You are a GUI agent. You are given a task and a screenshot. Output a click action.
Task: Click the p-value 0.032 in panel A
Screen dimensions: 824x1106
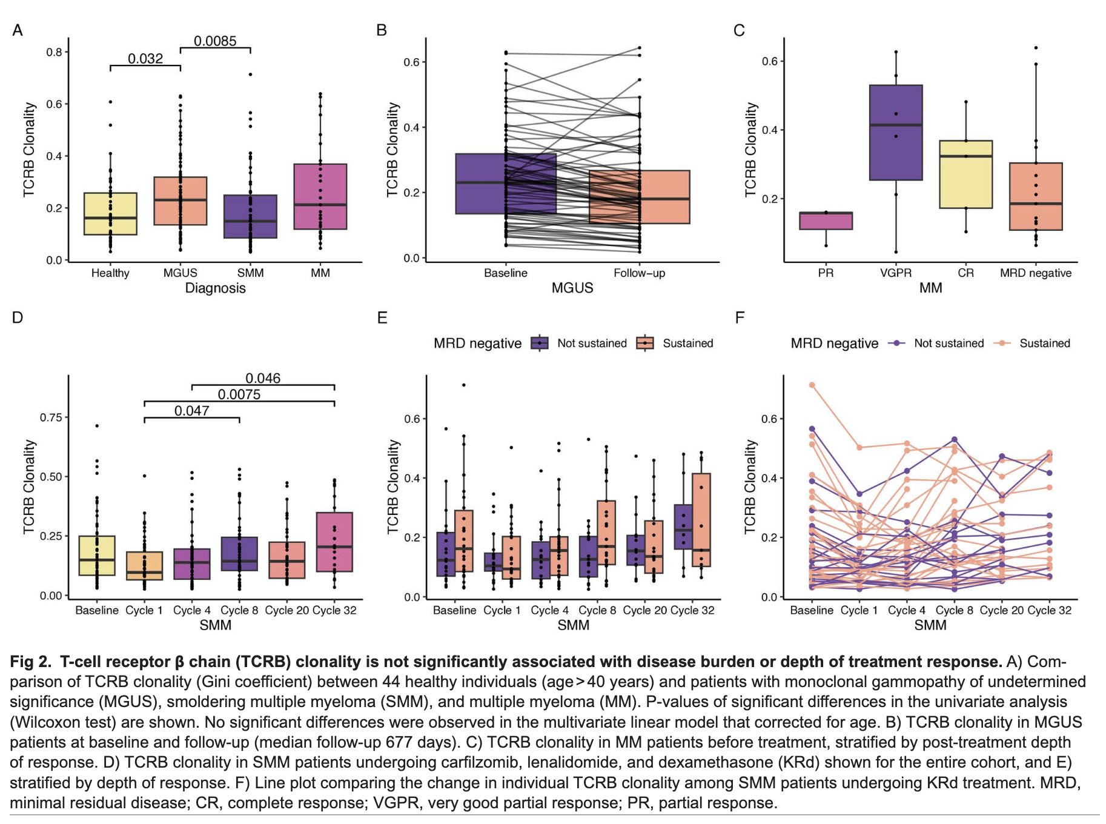point(145,59)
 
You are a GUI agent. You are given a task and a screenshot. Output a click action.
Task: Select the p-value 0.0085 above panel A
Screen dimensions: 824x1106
point(215,41)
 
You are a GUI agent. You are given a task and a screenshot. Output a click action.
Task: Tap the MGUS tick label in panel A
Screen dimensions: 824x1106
point(180,273)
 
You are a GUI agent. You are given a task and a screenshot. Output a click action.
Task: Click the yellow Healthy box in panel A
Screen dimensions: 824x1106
point(110,213)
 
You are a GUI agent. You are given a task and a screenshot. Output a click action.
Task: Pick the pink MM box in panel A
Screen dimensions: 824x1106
point(320,196)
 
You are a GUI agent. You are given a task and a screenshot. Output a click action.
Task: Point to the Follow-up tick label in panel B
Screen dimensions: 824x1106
point(639,273)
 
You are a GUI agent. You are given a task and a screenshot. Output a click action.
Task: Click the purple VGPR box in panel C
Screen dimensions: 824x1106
point(896,133)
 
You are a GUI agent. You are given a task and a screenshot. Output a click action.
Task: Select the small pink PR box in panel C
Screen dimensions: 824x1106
point(826,221)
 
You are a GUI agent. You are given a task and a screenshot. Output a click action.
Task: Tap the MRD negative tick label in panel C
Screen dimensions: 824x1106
point(1035,273)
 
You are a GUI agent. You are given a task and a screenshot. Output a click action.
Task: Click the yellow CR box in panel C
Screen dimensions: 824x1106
point(965,174)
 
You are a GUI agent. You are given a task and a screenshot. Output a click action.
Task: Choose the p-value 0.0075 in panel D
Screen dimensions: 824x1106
point(239,394)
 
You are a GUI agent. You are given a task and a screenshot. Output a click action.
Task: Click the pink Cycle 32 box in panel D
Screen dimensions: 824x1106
point(334,542)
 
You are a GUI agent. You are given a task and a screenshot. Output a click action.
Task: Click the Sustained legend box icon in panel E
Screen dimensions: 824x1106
point(645,344)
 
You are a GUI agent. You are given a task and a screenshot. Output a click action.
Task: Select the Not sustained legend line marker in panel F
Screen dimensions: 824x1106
point(896,344)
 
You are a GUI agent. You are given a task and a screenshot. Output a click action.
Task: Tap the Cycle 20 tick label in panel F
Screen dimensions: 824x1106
point(1001,611)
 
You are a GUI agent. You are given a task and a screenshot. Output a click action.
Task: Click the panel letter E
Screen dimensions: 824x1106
point(382,318)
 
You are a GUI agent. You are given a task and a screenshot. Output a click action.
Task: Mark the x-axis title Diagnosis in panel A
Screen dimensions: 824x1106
point(215,288)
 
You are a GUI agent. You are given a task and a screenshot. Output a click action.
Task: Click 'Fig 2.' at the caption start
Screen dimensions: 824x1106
point(31,662)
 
